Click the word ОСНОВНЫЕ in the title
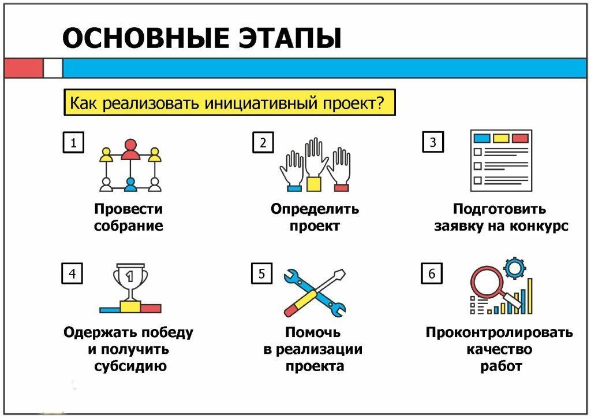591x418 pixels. [x=138, y=38]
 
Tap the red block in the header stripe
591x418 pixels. [x=23, y=68]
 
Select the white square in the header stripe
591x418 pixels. [x=53, y=68]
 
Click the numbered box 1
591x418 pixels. [x=73, y=143]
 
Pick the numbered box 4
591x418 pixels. [x=72, y=273]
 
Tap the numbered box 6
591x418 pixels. [x=432, y=273]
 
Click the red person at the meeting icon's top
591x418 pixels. [x=130, y=149]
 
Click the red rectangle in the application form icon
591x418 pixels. [x=520, y=139]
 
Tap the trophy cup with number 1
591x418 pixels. [x=130, y=280]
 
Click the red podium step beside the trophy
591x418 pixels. [x=151, y=308]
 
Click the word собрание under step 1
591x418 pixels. [x=128, y=225]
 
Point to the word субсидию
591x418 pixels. [x=128, y=366]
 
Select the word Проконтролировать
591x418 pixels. [x=499, y=332]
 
